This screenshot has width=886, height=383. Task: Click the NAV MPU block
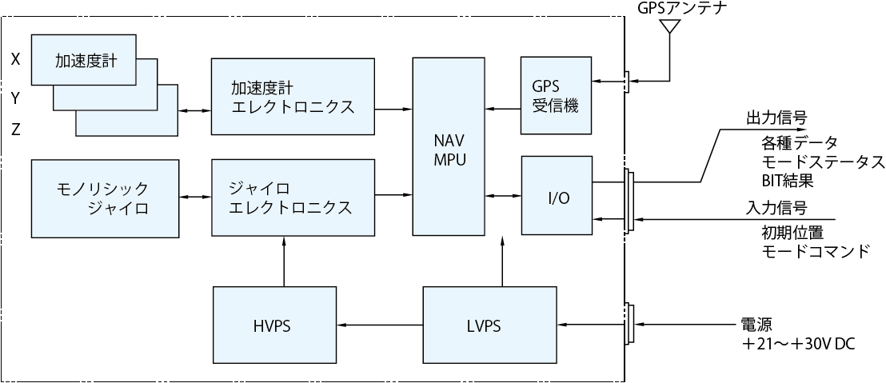tap(449, 146)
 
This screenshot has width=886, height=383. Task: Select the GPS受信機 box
tap(555, 95)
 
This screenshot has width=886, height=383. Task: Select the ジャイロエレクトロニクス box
tap(293, 197)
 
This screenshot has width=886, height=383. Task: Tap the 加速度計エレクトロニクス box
tap(293, 96)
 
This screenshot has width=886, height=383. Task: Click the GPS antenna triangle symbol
tap(668, 26)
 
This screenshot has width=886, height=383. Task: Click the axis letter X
tap(15, 59)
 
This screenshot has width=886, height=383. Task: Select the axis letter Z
tap(15, 130)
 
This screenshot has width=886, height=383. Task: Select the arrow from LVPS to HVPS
tap(381, 325)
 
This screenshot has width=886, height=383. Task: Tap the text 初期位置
tap(792, 233)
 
